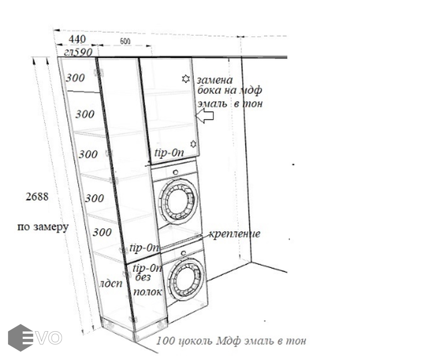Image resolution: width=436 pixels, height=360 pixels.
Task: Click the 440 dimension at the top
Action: click(x=77, y=39)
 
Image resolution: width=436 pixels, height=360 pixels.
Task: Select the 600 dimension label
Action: click(x=125, y=41)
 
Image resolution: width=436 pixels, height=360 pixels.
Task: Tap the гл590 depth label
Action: click(x=78, y=52)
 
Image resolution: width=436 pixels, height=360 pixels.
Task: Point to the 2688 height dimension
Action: click(x=37, y=197)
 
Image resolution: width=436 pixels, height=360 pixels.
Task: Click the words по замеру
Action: click(x=43, y=227)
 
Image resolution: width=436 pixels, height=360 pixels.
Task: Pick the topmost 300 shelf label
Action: click(x=75, y=78)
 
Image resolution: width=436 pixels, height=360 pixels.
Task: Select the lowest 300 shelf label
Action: click(x=102, y=232)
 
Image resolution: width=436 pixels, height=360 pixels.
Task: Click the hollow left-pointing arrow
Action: click(x=206, y=116)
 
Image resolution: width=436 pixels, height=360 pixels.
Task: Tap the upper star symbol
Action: click(x=186, y=79)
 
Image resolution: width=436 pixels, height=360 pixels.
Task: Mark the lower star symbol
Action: click(x=193, y=144)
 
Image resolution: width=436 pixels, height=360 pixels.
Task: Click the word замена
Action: click(x=214, y=80)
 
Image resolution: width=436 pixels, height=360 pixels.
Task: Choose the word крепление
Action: click(x=234, y=234)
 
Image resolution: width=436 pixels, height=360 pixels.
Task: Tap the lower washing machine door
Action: click(x=186, y=279)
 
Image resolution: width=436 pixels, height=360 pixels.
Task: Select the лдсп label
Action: click(x=110, y=284)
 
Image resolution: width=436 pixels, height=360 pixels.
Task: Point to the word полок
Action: click(x=148, y=292)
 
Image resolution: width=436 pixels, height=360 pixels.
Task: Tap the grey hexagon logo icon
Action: click(x=20, y=338)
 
